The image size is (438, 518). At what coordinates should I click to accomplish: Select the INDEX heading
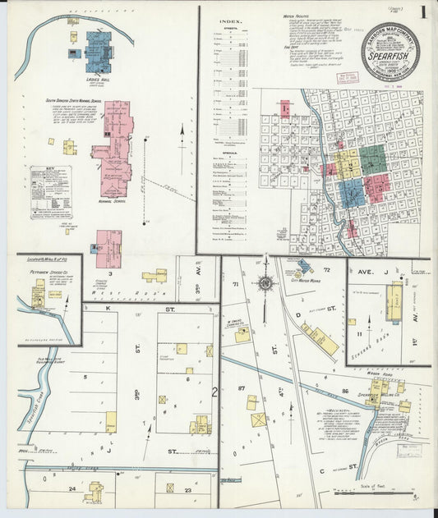[x=229, y=21]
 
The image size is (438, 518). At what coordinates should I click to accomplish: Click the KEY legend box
[x=51, y=192]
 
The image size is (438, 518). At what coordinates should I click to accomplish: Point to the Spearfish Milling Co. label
[x=380, y=395]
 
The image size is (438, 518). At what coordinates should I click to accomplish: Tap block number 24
[x=72, y=488]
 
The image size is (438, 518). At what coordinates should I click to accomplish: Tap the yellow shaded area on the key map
[x=346, y=163]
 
